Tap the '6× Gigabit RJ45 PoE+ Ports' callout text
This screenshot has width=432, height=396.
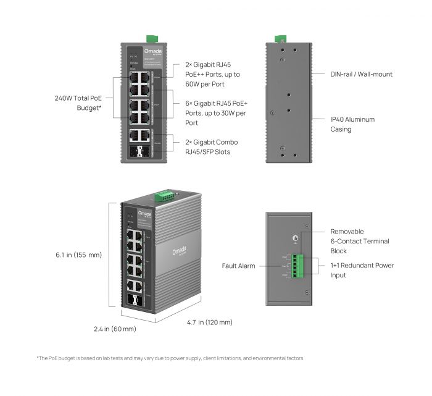216,113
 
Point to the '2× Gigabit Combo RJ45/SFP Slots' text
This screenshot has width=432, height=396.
212,146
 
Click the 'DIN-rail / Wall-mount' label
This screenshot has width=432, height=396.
361,74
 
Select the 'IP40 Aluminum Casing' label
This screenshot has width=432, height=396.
352,124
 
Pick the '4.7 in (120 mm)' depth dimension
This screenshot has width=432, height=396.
209,322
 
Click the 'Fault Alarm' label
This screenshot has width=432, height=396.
239,266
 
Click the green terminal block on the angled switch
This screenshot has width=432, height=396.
165,196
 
